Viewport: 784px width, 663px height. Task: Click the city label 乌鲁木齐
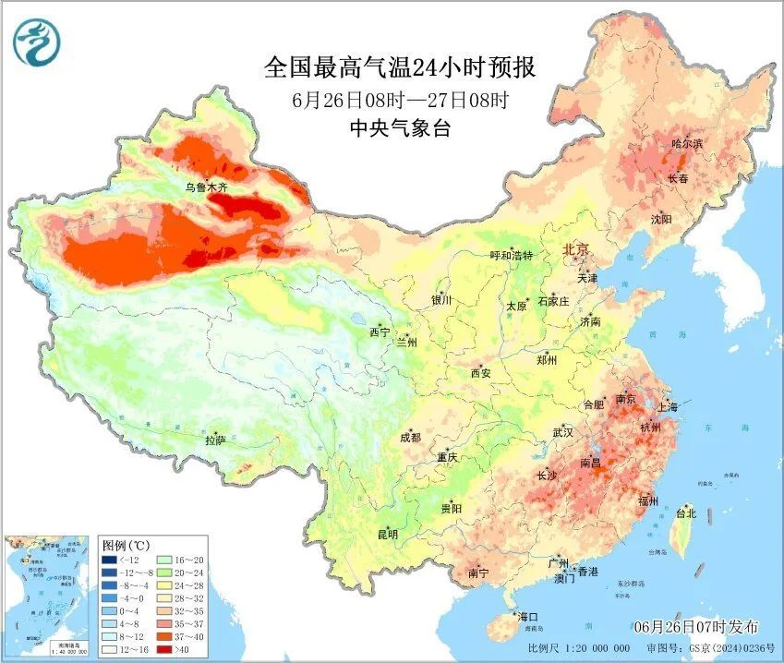[205, 187]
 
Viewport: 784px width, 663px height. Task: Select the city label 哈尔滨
[686, 144]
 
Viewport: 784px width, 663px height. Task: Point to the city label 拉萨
[215, 440]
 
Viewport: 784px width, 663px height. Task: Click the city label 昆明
[387, 535]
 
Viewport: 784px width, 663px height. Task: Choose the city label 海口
[527, 616]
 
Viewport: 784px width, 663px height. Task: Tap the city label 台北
[685, 513]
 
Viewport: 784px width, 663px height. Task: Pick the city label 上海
[667, 407]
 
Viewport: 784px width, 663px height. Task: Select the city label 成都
[410, 438]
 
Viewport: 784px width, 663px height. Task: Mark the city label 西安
[481, 374]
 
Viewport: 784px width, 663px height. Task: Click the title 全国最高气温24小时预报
[399, 67]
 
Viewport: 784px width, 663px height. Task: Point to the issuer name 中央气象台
[399, 128]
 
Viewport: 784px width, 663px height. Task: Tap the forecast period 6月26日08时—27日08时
[399, 99]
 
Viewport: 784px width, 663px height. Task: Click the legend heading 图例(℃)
[125, 545]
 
